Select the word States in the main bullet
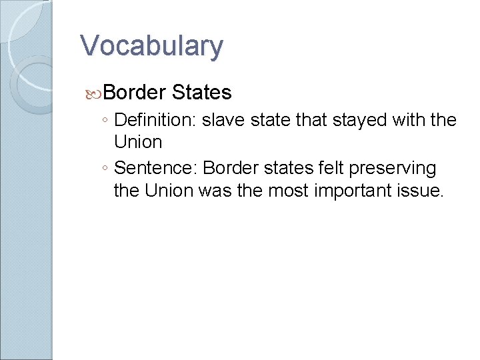point(201,92)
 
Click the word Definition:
point(155,121)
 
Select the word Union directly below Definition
point(138,142)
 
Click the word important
point(353,190)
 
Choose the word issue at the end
point(422,190)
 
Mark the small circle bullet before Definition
point(107,121)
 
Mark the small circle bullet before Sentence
point(107,168)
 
